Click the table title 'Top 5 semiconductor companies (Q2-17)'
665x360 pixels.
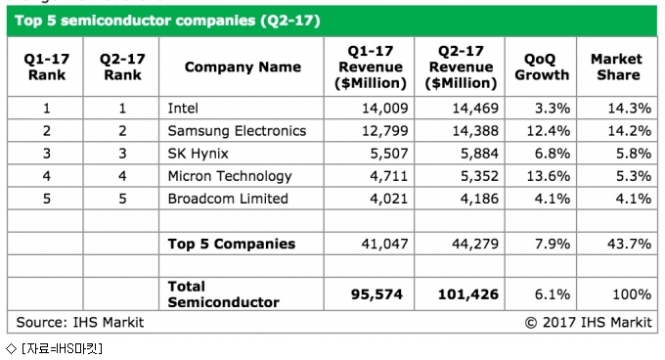click(x=167, y=21)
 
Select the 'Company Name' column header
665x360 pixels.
click(x=243, y=67)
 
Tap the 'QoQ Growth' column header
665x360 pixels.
click(x=542, y=67)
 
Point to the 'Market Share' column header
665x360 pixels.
click(x=617, y=67)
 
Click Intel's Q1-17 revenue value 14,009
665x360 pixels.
click(x=384, y=109)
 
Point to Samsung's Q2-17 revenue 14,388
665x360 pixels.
click(x=475, y=131)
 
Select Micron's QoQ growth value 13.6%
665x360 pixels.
click(x=549, y=176)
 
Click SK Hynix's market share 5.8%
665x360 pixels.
click(x=634, y=153)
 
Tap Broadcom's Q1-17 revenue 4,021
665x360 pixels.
click(x=388, y=199)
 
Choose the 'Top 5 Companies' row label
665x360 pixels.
click(x=232, y=244)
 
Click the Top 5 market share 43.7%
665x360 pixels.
click(x=630, y=244)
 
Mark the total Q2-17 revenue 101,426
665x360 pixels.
click(x=468, y=294)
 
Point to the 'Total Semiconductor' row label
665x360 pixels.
click(x=224, y=294)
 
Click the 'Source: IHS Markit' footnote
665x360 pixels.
click(x=80, y=322)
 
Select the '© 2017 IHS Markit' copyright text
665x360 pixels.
click(x=589, y=322)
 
